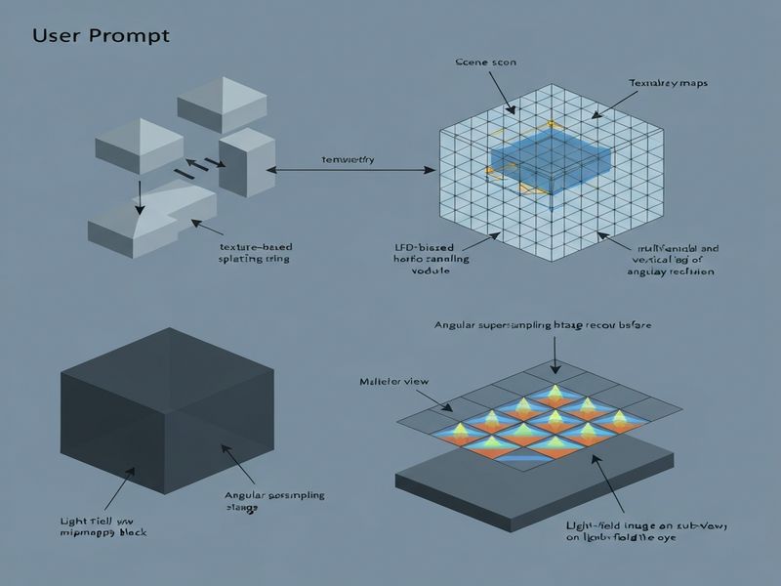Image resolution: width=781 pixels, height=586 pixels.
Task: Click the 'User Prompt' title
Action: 101,35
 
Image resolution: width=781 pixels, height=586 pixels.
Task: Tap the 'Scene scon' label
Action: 486,63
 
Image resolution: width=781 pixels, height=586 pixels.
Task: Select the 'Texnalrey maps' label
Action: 668,84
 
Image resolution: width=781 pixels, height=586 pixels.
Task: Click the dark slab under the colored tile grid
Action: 547,488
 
